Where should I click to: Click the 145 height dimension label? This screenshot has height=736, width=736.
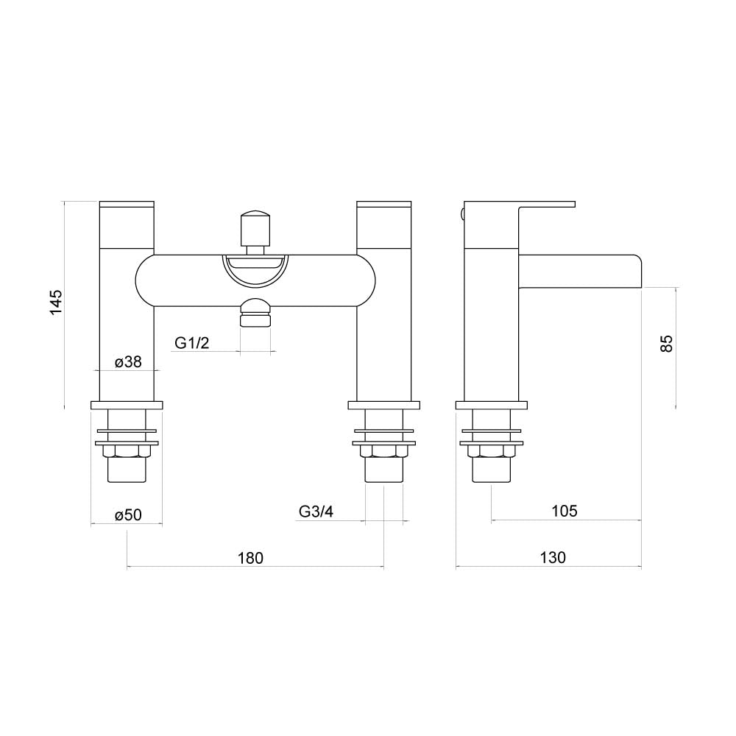point(56,302)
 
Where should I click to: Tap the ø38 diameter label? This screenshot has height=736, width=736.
point(128,362)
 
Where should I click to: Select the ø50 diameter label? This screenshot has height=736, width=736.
point(128,515)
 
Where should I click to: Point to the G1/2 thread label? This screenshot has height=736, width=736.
point(191,343)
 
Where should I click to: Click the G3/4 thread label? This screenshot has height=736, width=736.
point(316,512)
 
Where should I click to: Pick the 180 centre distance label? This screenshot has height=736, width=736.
point(251,558)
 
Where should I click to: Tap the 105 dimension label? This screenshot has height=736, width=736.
point(565,511)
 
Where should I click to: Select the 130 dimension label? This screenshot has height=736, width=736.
point(553,558)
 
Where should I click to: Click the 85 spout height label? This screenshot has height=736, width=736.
point(667,343)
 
